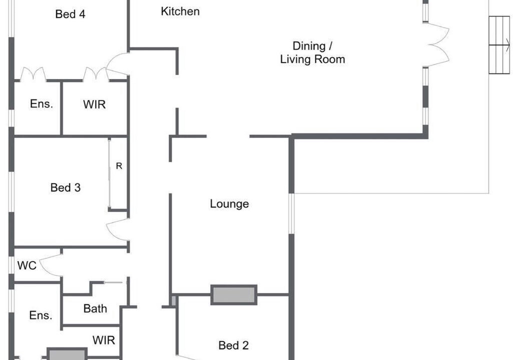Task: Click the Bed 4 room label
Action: point(70,14)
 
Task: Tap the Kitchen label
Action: point(180,11)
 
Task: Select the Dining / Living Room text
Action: point(312,52)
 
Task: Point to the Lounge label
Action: point(229,203)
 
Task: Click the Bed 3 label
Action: point(65,187)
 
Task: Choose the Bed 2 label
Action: point(233,345)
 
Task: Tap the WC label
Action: point(27,265)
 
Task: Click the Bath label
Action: point(95,308)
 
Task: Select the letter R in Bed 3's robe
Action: point(119,166)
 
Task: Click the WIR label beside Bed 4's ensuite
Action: point(95,104)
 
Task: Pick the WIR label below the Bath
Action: point(104,340)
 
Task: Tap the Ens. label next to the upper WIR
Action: point(42,104)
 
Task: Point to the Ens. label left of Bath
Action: point(41,315)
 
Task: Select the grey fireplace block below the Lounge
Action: point(234,295)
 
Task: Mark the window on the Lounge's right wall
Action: point(291,213)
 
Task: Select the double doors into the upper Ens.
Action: point(33,73)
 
